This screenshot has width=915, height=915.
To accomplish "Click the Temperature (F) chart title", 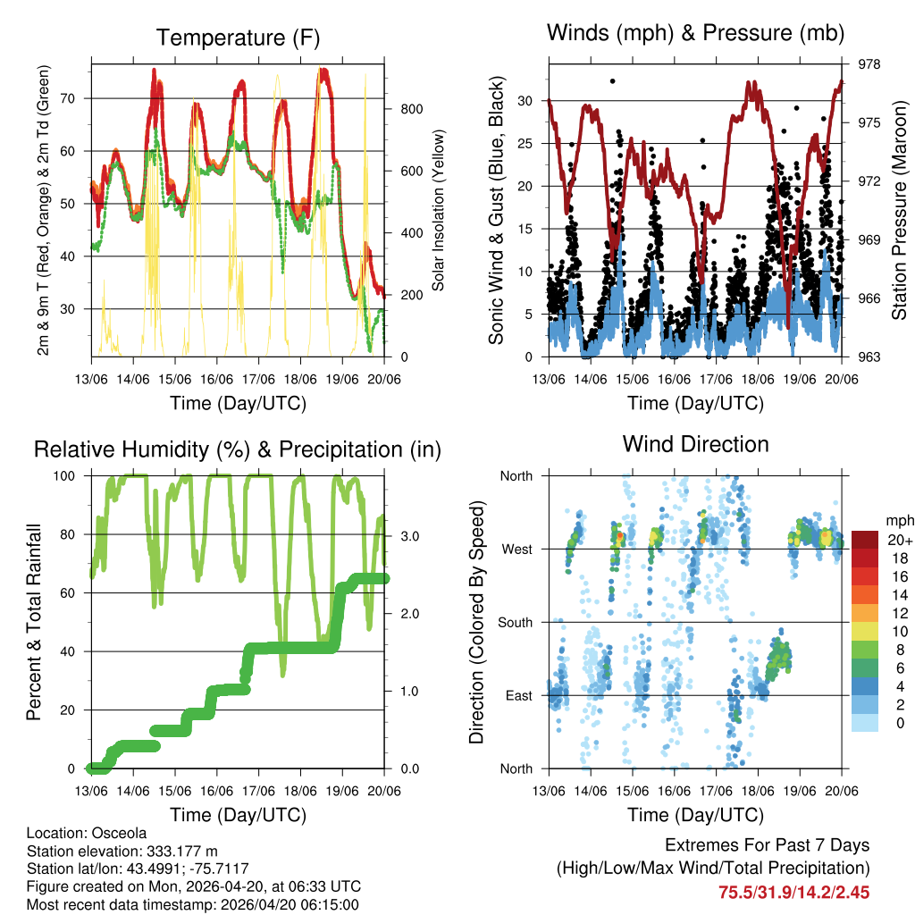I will tap(238, 38).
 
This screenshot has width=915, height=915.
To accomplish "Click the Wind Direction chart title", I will tap(695, 444).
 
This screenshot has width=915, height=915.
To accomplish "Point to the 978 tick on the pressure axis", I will tap(870, 64).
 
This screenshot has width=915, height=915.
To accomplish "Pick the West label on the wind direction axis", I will tap(516, 549).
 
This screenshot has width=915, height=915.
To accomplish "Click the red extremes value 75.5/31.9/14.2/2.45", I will tap(793, 892).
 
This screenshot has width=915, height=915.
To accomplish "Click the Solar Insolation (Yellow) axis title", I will tap(439, 211).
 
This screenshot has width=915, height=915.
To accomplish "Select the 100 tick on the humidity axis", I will tap(68, 476).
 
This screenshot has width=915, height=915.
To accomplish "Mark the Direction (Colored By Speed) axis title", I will tap(476, 623).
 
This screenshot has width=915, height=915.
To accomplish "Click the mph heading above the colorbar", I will tap(897, 520).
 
